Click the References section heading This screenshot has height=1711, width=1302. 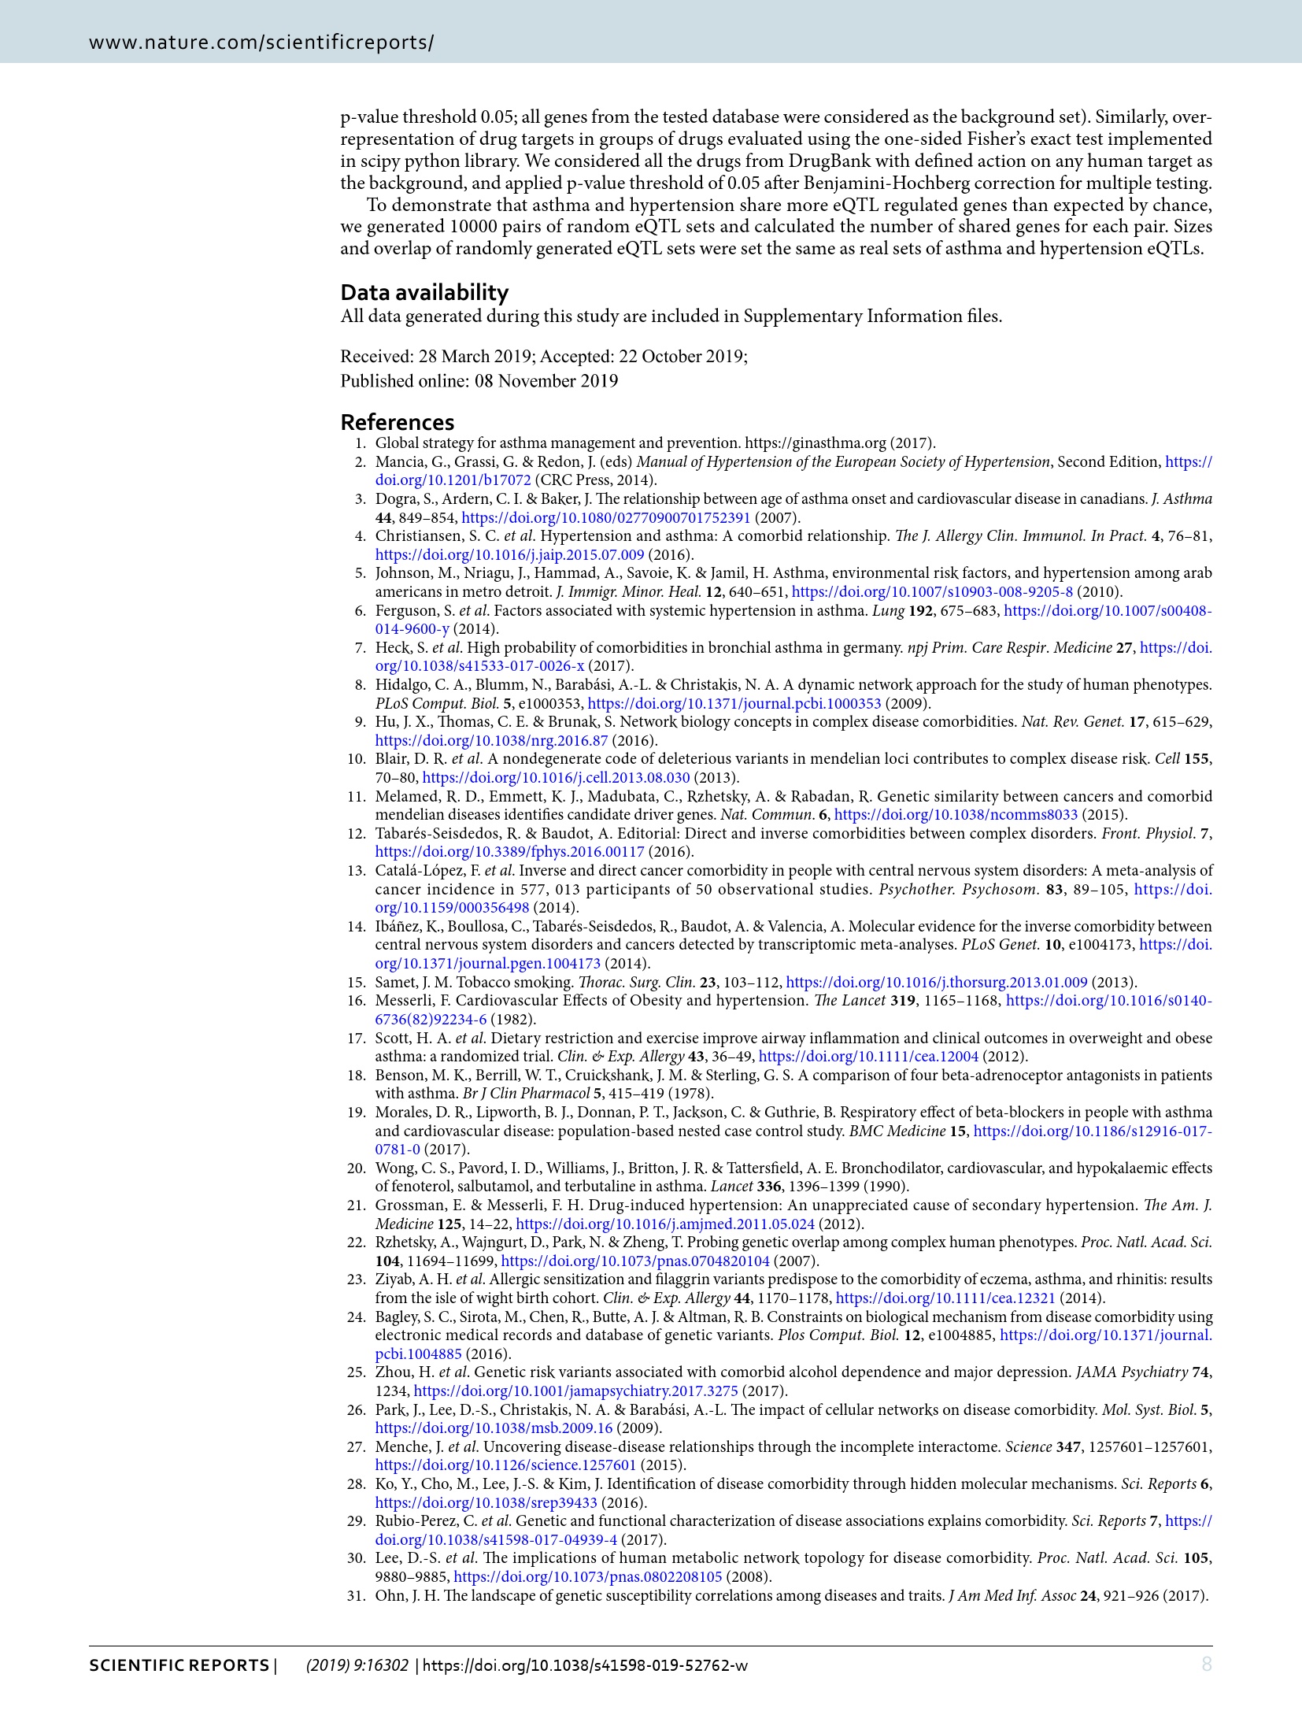[397, 422]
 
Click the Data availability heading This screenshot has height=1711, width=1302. [424, 292]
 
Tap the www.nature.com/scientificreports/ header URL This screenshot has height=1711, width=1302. [261, 43]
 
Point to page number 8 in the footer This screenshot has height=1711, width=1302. [1206, 1664]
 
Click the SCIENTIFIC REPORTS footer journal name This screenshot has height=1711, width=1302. [179, 1665]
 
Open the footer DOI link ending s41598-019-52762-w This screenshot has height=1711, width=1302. [585, 1665]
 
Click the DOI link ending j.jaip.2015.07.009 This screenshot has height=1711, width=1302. [509, 555]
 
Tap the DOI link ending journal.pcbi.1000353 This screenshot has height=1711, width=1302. [734, 704]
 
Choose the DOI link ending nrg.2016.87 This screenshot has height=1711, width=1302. [491, 741]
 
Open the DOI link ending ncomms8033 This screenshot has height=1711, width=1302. [956, 815]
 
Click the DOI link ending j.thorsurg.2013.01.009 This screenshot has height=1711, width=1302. [937, 983]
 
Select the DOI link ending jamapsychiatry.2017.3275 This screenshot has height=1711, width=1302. [576, 1391]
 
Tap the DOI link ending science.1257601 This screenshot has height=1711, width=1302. [505, 1465]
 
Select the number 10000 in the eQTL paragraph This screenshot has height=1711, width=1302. [474, 227]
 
